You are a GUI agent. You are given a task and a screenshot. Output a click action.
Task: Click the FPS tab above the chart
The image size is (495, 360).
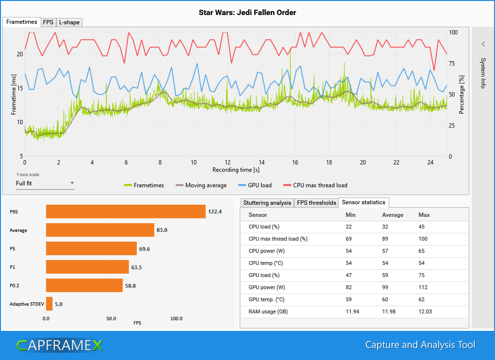48,22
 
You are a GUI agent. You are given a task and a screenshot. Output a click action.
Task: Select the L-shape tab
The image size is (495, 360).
69,22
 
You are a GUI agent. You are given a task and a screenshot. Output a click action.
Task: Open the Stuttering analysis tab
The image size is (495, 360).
267,202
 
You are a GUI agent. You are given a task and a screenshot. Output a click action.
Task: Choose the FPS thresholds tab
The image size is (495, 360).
316,202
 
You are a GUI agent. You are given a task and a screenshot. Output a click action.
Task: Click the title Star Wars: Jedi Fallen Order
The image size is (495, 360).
247,12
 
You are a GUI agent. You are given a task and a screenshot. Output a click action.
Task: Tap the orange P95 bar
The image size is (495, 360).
126,212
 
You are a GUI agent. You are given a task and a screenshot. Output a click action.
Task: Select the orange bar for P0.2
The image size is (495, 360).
84,285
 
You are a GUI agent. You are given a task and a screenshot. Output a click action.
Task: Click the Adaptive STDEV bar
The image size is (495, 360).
49,304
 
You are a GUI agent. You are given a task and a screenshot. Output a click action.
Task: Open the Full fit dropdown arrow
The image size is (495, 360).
72,183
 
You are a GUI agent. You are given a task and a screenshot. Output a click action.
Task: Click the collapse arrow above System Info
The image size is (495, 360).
483,44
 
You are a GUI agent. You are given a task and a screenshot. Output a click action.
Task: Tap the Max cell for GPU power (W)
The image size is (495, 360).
423,287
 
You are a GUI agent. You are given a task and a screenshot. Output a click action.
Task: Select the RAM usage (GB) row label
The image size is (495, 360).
268,311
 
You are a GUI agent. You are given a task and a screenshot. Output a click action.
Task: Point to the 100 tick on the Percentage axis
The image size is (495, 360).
453,32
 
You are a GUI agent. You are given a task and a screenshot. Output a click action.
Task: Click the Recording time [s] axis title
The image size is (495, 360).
235,170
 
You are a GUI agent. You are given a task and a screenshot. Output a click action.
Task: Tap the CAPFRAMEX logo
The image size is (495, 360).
59,345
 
